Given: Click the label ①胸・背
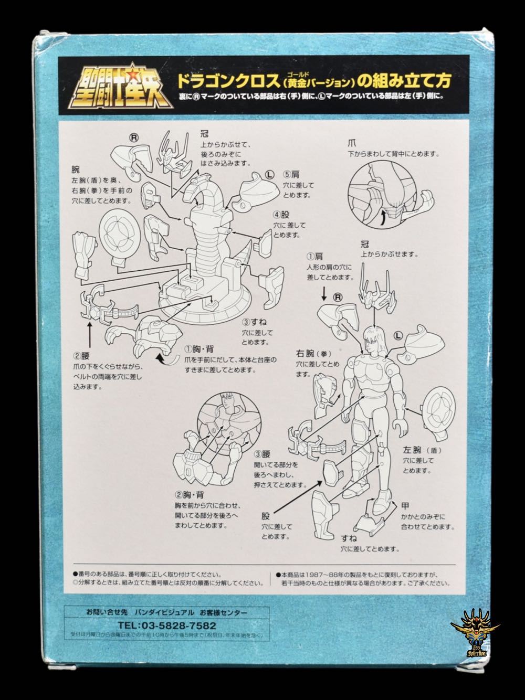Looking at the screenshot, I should coord(197,349).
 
